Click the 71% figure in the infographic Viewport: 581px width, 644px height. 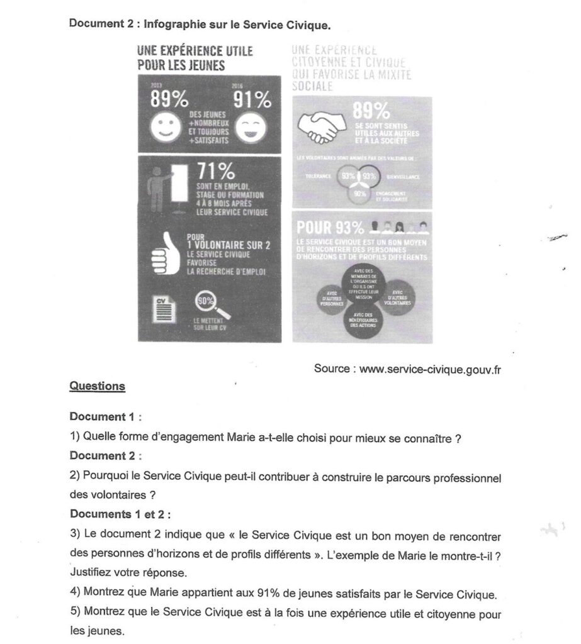point(216,172)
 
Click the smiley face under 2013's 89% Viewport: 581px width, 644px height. point(165,128)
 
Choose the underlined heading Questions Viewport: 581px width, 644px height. point(98,386)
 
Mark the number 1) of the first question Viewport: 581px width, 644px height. point(74,438)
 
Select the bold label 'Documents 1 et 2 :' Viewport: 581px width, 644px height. point(120,514)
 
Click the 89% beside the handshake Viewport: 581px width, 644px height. point(372,111)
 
